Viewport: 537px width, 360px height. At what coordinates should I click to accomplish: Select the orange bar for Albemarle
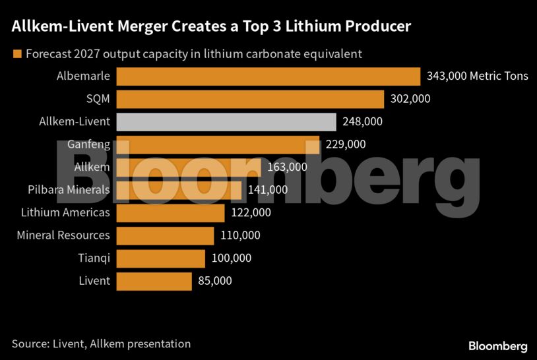click(x=268, y=76)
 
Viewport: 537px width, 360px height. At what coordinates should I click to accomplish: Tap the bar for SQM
click(x=250, y=99)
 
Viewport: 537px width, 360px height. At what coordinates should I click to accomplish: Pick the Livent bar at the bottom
click(x=154, y=281)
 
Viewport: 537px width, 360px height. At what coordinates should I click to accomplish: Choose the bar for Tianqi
click(x=160, y=258)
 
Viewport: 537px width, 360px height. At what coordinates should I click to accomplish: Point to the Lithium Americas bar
click(x=170, y=213)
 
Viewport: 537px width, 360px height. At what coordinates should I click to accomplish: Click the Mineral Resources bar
click(x=165, y=235)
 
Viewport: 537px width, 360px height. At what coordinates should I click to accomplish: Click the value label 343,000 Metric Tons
click(x=478, y=76)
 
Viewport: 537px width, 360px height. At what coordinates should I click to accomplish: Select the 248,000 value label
click(x=362, y=121)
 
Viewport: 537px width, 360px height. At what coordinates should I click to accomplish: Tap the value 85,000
click(x=215, y=281)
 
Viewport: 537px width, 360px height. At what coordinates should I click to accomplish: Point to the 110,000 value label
click(x=241, y=235)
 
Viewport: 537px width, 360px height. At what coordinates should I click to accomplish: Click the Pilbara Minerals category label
click(x=69, y=190)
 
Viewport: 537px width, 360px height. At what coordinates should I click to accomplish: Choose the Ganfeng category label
click(x=88, y=144)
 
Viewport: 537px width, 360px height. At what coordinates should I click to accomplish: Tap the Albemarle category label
click(x=83, y=76)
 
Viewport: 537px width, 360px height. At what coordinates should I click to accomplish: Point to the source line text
click(x=101, y=344)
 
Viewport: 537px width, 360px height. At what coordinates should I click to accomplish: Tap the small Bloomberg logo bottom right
click(x=497, y=345)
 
